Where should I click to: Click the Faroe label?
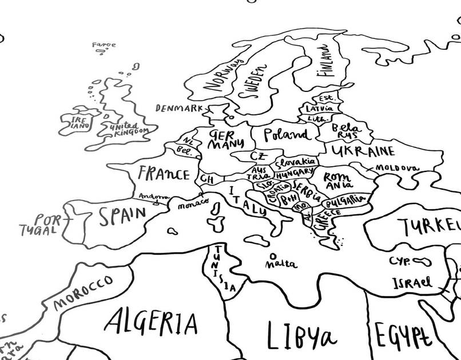click(104, 45)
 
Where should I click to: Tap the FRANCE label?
click(164, 173)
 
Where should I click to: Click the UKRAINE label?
click(363, 151)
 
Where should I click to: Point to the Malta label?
click(281, 264)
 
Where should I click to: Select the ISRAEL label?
click(412, 282)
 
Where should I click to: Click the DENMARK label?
click(178, 107)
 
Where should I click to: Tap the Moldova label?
click(396, 168)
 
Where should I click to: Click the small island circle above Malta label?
click(273, 255)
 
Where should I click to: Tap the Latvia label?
click(319, 109)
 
